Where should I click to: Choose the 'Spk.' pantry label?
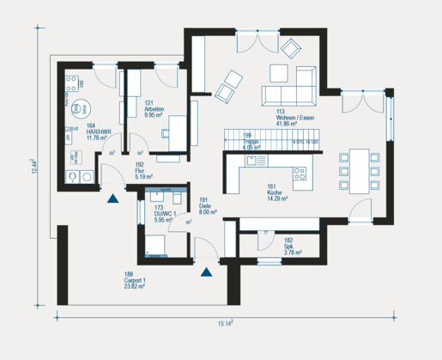point(289,247)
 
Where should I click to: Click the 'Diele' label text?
point(207,204)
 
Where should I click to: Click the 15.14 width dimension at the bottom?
point(225,324)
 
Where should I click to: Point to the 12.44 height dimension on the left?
point(34,166)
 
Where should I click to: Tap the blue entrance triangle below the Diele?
point(206,273)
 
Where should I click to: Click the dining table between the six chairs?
point(358,170)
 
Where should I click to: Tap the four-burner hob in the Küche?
point(301,175)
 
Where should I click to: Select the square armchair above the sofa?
point(280,72)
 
